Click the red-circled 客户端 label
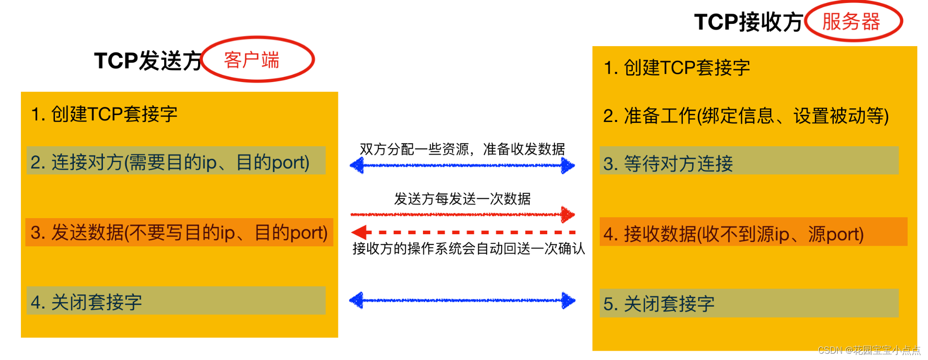point(252,60)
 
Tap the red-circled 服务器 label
point(851,22)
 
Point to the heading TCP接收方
point(748,22)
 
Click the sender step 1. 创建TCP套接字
point(104,114)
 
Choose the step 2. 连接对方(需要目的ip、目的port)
point(170,162)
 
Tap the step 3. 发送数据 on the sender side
point(179,233)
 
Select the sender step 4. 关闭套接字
point(86,302)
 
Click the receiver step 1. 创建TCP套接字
point(676,68)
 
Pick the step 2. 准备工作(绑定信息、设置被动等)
point(745,116)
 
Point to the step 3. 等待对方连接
point(668,164)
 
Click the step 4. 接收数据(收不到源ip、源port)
point(733,234)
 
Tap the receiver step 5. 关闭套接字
point(658,304)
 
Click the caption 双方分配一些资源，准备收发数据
point(462,149)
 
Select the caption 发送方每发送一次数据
point(462,199)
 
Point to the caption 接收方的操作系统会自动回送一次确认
point(468,249)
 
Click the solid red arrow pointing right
point(462,214)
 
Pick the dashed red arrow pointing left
point(462,232)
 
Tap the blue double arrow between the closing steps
point(462,300)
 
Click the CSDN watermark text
point(869,350)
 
